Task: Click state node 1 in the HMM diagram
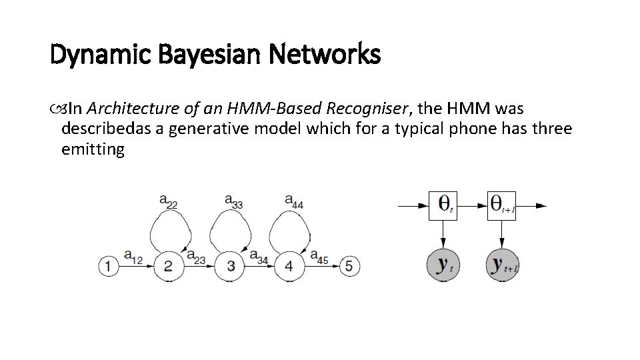(108, 267)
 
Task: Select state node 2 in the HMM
(168, 267)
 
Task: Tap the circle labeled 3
(230, 267)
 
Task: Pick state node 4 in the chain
(289, 267)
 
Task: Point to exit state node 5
(349, 267)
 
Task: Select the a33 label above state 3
(233, 200)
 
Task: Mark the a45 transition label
(319, 256)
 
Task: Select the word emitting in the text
(93, 149)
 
